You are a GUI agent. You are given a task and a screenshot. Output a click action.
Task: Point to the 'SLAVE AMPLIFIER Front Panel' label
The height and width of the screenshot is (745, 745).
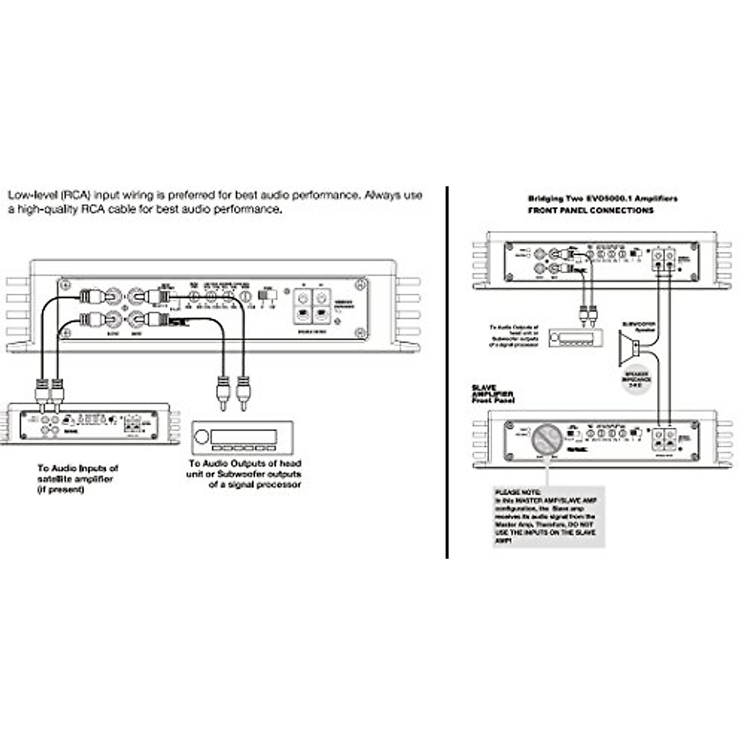(x=493, y=394)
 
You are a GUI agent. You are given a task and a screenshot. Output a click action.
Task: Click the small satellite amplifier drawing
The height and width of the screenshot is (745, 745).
(x=87, y=425)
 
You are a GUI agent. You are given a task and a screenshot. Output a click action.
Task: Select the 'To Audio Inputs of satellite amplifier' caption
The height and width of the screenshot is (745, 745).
(x=78, y=479)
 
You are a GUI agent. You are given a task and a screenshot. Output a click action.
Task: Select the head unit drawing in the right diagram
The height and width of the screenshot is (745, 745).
(x=576, y=338)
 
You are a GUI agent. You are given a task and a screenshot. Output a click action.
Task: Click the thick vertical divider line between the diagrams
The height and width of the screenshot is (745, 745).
(x=447, y=372)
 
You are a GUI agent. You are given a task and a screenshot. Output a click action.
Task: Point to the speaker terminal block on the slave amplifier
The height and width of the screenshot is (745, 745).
(x=663, y=440)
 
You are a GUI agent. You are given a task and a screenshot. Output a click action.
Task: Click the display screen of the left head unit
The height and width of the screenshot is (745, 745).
(x=243, y=436)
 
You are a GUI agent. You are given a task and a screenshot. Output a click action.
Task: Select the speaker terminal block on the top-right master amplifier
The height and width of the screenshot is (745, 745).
(x=663, y=260)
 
